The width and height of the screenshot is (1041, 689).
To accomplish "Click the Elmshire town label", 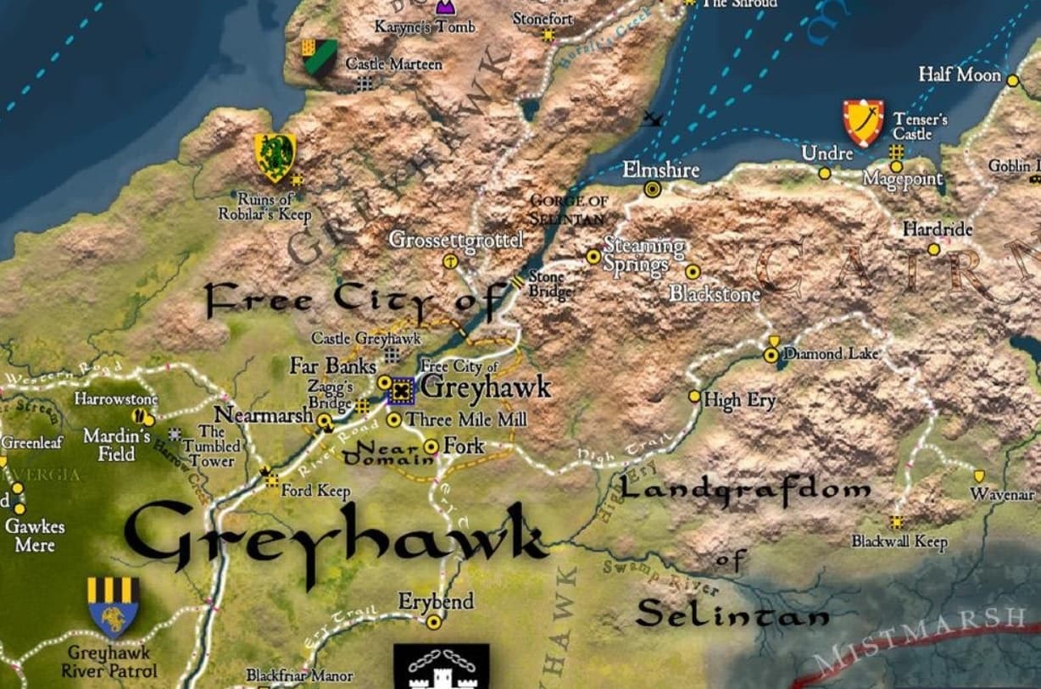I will [x=660, y=170].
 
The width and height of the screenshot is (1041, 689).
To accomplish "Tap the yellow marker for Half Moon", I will [x=1012, y=79].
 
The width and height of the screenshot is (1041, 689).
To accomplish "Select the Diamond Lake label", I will [x=831, y=353].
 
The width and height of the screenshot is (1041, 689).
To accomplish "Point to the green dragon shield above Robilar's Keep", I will [x=275, y=157].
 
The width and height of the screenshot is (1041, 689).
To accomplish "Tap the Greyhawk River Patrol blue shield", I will [x=113, y=607].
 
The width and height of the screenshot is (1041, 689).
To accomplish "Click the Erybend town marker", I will [x=434, y=622].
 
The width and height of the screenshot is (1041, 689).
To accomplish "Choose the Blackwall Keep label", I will [x=899, y=542].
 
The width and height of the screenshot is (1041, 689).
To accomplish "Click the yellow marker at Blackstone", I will [x=693, y=271].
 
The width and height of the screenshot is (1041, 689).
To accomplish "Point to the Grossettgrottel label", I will [x=455, y=240].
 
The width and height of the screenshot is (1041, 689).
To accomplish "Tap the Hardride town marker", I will [x=933, y=249].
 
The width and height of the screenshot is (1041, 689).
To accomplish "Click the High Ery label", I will [x=739, y=400].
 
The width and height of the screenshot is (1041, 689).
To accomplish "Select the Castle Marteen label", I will [x=393, y=64].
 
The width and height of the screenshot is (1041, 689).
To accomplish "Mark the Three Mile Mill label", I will [x=466, y=420].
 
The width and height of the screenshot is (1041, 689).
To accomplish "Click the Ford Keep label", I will [x=315, y=490].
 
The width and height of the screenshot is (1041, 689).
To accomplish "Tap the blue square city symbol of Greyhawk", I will [x=401, y=391].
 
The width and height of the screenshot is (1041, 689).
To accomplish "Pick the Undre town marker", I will [x=824, y=173].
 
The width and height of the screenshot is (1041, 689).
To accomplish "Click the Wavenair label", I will [x=1002, y=495].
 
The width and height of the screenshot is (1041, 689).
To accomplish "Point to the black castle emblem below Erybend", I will [x=441, y=668].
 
